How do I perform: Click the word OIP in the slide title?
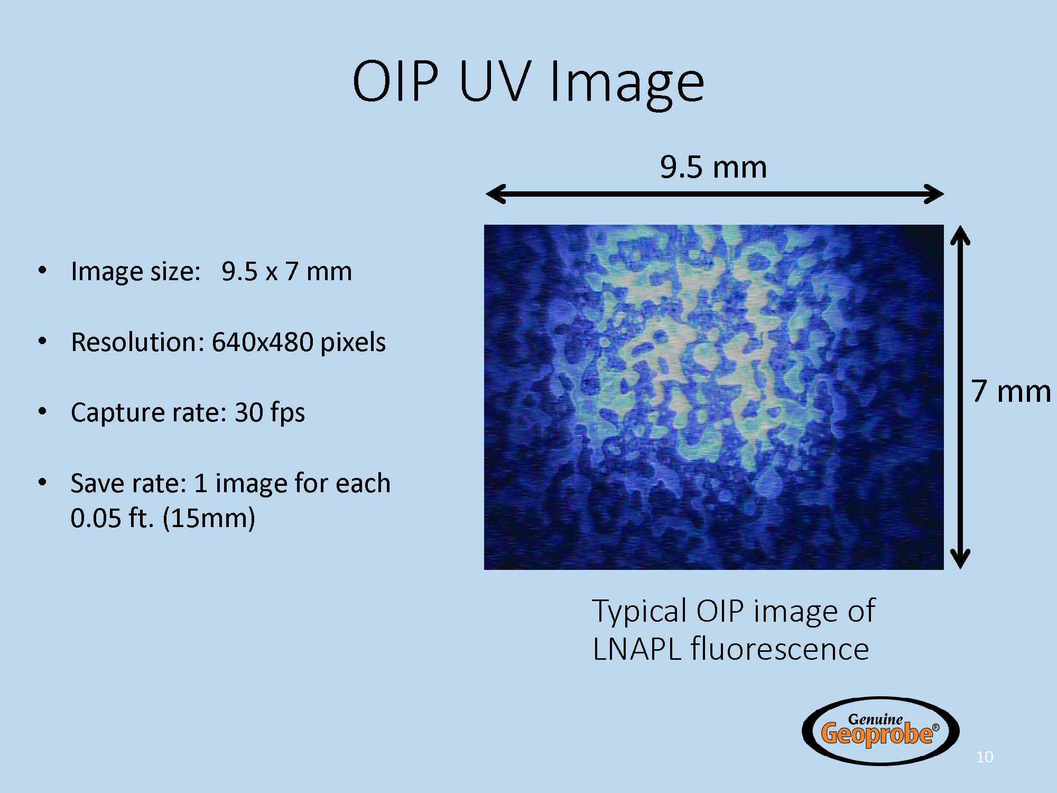pos(395,81)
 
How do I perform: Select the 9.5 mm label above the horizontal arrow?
pos(713,167)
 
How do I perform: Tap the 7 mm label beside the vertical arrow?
pos(1011,391)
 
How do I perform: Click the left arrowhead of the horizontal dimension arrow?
pos(495,194)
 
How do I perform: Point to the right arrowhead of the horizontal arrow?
pos(934,194)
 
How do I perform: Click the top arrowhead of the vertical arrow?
pos(960,235)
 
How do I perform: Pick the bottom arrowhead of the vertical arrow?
pos(960,559)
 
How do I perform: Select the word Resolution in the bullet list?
pos(137,342)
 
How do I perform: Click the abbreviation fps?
pos(288,413)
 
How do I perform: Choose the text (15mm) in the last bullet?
pos(209,518)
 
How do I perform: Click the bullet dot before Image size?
pos(43,271)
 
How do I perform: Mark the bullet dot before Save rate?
pos(43,482)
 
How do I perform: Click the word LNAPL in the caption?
pos(637,649)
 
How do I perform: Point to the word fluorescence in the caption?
pos(780,649)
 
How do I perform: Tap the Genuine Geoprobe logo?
pos(880,731)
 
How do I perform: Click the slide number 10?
pos(985,757)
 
